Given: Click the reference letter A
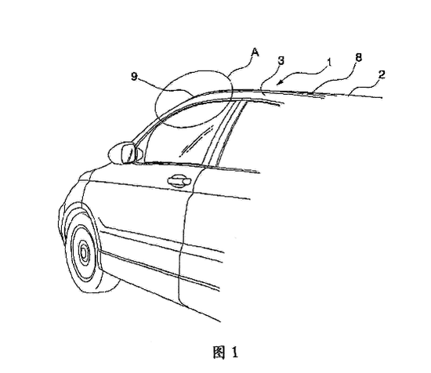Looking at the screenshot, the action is (255, 53).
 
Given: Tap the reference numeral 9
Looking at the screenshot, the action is (134, 76).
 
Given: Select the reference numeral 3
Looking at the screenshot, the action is (281, 61).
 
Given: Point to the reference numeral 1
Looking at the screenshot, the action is (329, 63).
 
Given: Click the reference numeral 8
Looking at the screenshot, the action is (358, 58).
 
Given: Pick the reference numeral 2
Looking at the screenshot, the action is (382, 74).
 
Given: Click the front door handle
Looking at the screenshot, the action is (179, 181).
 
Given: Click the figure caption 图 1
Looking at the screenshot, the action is (226, 352).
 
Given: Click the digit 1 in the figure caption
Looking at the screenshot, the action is (234, 353).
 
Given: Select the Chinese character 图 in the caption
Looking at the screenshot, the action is (219, 352).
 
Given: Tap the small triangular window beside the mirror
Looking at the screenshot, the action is (139, 154).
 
